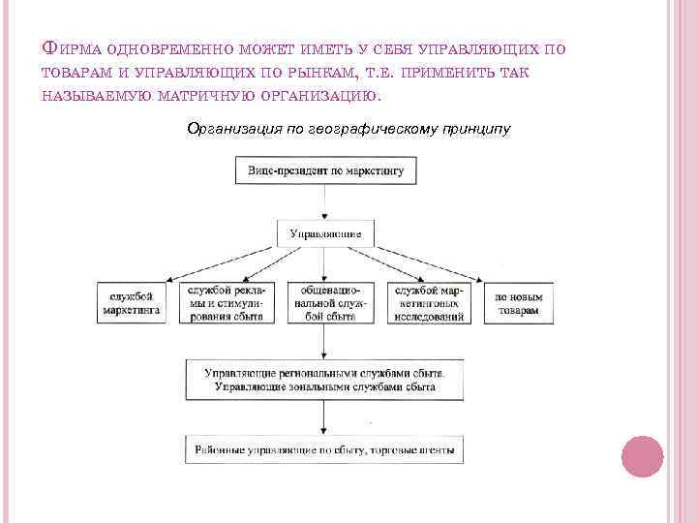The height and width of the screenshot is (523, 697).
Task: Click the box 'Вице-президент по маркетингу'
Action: coord(325,171)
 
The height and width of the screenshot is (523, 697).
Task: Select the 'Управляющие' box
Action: coord(325,233)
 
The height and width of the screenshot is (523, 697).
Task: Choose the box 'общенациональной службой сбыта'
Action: coord(325,302)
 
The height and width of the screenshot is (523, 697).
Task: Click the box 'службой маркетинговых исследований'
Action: coord(426,302)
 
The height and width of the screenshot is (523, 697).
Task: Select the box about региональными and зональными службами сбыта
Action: coord(325,379)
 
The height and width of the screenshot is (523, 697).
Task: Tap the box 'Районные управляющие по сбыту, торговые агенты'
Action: coord(325,450)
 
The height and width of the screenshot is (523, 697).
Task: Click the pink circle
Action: coord(641,455)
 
